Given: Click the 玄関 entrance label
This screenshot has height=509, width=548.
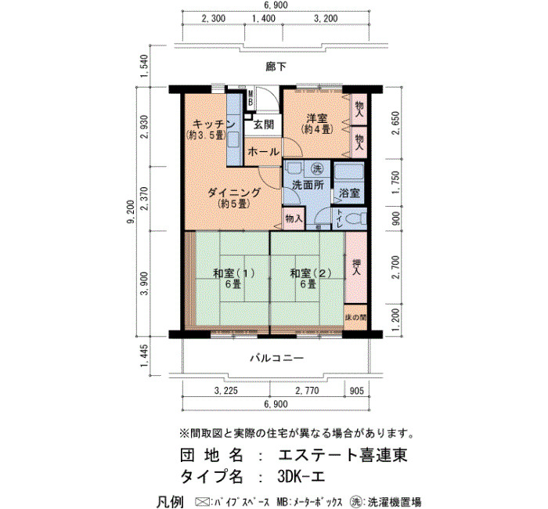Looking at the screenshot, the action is pos(264,125).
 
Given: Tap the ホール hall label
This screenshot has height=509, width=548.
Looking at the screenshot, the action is pos(263,152).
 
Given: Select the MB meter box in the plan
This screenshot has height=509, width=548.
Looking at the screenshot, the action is pos(251,98).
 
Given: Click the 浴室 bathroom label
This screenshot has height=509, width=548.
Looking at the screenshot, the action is pos(349,193).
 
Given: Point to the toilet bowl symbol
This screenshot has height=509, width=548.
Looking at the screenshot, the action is pos(355,219).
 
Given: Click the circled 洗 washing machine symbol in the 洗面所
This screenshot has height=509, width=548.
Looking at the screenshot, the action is pos(316,170).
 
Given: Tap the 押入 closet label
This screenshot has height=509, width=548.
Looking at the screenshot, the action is pos(355,267).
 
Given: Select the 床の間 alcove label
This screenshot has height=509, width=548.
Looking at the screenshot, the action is pos(355,318).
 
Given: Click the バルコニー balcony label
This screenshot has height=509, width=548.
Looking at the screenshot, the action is pos(276,359).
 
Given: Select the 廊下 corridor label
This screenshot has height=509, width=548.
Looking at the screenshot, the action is pos(276,67).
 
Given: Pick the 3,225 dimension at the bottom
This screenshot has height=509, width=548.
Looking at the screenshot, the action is pos(225,391).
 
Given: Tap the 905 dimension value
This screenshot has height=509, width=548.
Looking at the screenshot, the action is pos(356,391).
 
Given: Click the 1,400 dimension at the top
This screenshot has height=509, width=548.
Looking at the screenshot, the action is pos(264,19).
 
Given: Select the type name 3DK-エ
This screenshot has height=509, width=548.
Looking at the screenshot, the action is pos(301,476).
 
